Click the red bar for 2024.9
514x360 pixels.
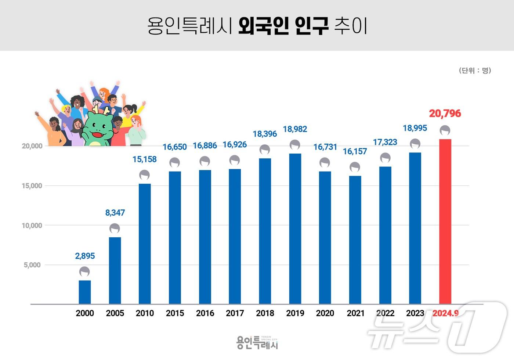pos(445,221)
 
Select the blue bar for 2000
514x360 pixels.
pos(85,292)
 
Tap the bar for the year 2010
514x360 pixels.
pos(145,244)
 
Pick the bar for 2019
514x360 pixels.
pos(295,228)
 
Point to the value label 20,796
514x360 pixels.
pos(445,114)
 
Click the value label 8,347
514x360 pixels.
pos(115,213)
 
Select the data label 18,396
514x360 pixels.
pos(265,134)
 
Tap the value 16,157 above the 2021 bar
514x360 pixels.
pos(355,151)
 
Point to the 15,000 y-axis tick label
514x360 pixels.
pos(32,186)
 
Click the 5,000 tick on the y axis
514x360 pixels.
pos(32,265)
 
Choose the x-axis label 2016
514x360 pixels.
pos(205,313)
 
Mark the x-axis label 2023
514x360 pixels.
pos(415,313)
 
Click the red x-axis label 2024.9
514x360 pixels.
pos(445,313)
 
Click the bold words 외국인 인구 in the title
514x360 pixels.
pos(283,26)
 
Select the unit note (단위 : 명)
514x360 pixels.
pos(475,71)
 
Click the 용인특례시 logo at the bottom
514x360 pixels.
pos(257,342)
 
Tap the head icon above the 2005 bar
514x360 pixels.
pos(115,228)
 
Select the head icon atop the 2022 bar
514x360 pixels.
pos(385,158)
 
